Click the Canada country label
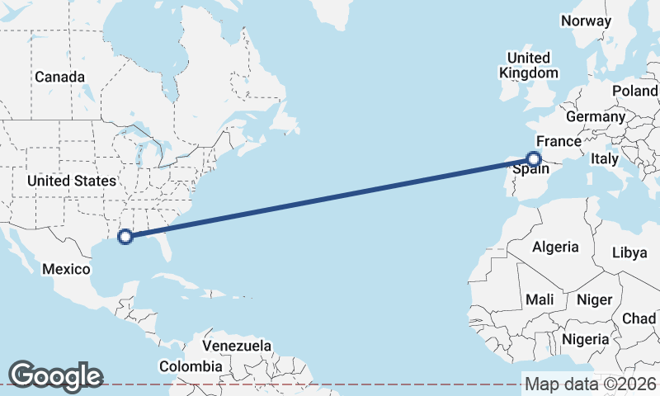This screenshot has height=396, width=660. [x=59, y=77]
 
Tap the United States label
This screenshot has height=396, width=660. [x=71, y=180]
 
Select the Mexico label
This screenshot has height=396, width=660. [x=65, y=270]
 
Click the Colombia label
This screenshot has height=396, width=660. [x=191, y=365]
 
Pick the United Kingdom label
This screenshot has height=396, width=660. [x=528, y=65]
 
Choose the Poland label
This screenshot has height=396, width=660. [x=635, y=91]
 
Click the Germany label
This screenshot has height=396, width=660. [x=596, y=117]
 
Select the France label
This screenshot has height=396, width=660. [x=559, y=141]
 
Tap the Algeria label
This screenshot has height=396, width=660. [x=555, y=247]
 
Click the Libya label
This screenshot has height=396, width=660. [x=629, y=252]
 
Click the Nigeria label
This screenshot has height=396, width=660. [x=586, y=338]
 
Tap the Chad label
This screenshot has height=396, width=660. [x=640, y=318]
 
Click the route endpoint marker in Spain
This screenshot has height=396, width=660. [x=535, y=159]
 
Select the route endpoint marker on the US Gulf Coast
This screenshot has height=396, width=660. [x=125, y=238]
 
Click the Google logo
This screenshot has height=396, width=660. [x=55, y=375]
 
